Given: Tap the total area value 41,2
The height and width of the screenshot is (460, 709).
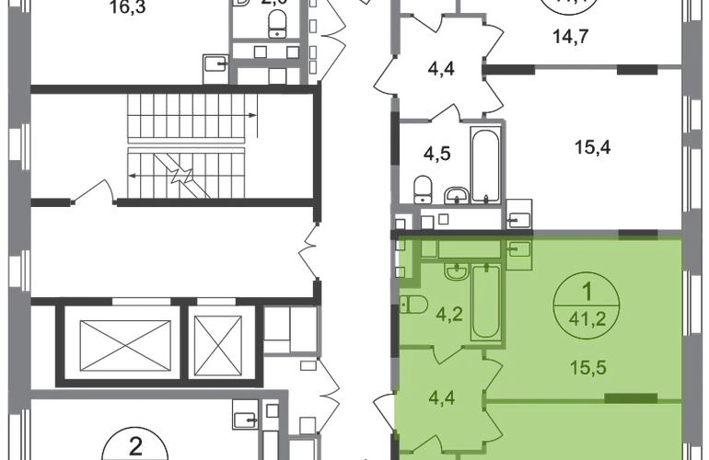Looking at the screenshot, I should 586,319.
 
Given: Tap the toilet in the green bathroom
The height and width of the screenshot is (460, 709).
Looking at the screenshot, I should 413,305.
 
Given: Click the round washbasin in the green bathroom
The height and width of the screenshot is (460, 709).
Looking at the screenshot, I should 456,271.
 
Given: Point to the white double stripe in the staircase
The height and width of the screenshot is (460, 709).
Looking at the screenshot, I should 188,144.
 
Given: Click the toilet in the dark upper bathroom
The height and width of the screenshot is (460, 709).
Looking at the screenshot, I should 423,188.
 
